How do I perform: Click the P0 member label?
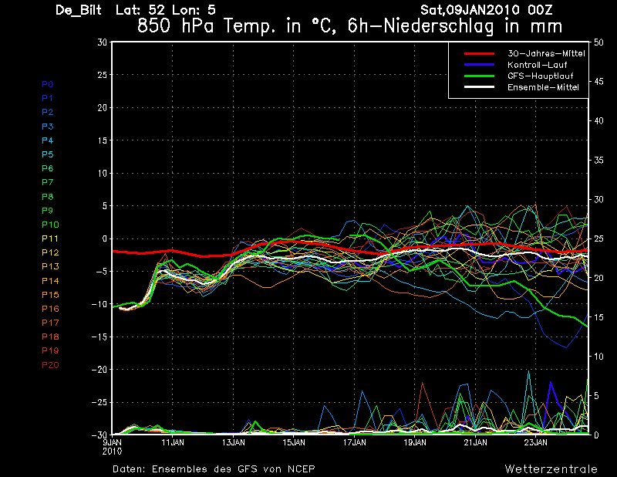[x=47, y=84]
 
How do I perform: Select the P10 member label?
[x=49, y=225]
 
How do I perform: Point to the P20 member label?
[x=49, y=365]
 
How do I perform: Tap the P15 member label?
[x=49, y=295]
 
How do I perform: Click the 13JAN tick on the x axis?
[x=233, y=443]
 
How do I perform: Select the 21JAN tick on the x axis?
[x=475, y=443]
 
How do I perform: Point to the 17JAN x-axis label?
[x=354, y=443]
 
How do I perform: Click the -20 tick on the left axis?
[x=98, y=370]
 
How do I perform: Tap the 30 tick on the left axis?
[x=102, y=42]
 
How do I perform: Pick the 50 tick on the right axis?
[x=599, y=42]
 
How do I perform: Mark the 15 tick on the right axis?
[x=599, y=317]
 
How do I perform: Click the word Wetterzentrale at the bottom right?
[x=551, y=469]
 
